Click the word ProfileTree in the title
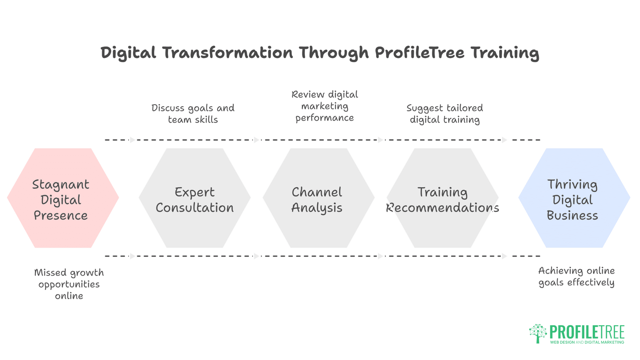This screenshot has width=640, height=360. pyautogui.click(x=420, y=53)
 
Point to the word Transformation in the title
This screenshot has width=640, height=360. pyautogui.click(x=228, y=53)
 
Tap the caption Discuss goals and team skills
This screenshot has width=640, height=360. pyautogui.click(x=193, y=114)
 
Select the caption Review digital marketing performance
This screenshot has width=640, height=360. pyautogui.click(x=325, y=106)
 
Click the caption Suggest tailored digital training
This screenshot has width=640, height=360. pyautogui.click(x=445, y=114)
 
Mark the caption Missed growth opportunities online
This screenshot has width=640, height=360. pyautogui.click(x=69, y=284)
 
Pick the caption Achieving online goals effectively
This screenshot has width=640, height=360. pyautogui.click(x=576, y=276)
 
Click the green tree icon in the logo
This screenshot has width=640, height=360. pyautogui.click(x=538, y=333)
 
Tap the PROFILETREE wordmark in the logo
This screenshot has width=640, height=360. pyautogui.click(x=587, y=332)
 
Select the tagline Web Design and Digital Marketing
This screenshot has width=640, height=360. pyautogui.click(x=587, y=342)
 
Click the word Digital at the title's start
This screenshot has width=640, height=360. pyautogui.click(x=128, y=53)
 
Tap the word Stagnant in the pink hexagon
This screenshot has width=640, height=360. pyautogui.click(x=61, y=185)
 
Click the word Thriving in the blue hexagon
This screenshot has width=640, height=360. pyautogui.click(x=572, y=184)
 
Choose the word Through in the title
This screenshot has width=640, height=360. pyautogui.click(x=334, y=53)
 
